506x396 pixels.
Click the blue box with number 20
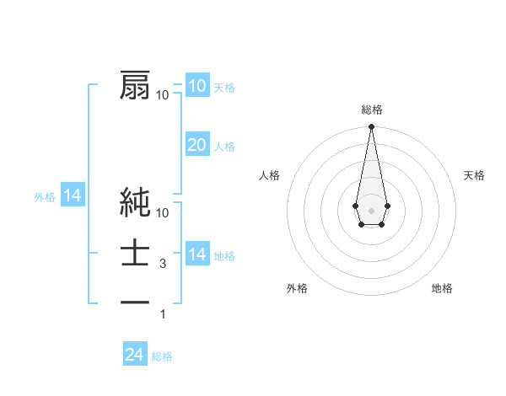click(197, 145)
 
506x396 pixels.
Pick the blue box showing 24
click(135, 355)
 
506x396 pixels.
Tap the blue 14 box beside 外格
click(73, 196)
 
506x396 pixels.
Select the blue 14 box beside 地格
click(197, 254)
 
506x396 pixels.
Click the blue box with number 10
click(197, 86)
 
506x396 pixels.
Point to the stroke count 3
click(163, 264)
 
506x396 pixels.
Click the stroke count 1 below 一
click(163, 314)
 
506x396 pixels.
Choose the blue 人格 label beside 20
click(225, 147)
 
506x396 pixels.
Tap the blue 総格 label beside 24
click(162, 356)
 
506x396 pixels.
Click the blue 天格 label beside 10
click(225, 88)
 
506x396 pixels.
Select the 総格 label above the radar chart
click(372, 110)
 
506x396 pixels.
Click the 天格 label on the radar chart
click(475, 175)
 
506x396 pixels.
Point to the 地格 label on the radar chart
click(442, 288)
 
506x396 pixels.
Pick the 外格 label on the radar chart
click(297, 288)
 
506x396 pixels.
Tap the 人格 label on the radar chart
click(270, 175)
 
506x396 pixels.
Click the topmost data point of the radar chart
click(371, 127)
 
